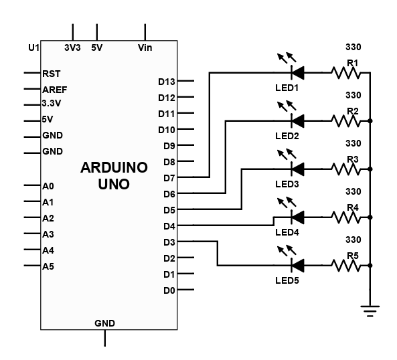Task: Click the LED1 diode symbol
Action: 298,73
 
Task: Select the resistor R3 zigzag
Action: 346,169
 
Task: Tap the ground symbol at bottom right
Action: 370,311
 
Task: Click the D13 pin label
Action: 167,82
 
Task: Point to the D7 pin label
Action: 169,178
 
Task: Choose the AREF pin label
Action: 55,90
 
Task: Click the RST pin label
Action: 52,74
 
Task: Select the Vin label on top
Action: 145,48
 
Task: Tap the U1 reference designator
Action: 33,48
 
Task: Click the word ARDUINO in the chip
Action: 114,167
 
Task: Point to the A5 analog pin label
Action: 48,266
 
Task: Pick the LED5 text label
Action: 287,280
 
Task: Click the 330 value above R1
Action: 353,47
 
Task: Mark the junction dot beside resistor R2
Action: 370,121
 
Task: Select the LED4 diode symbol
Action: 298,217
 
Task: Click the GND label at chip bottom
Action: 105,323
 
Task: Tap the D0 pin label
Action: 169,290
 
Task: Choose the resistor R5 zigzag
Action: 346,266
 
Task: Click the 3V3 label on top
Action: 73,48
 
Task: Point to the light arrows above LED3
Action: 287,155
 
